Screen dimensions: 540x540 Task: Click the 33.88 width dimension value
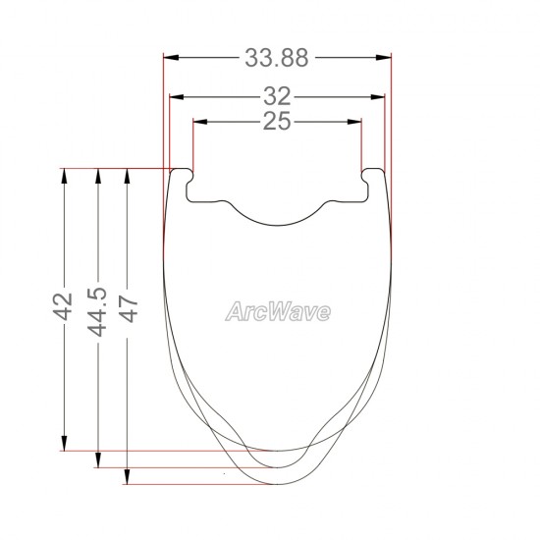(x=277, y=58)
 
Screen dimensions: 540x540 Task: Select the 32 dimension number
(x=277, y=97)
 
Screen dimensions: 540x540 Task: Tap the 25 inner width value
(x=277, y=122)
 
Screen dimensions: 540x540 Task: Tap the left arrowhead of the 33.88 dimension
(x=169, y=58)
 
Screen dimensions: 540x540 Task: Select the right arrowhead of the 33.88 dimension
(x=385, y=58)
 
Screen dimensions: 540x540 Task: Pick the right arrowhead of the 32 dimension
(x=377, y=97)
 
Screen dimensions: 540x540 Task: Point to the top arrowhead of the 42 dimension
(x=65, y=175)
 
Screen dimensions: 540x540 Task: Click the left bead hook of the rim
(x=182, y=178)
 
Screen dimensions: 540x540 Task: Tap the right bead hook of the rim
(x=373, y=178)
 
